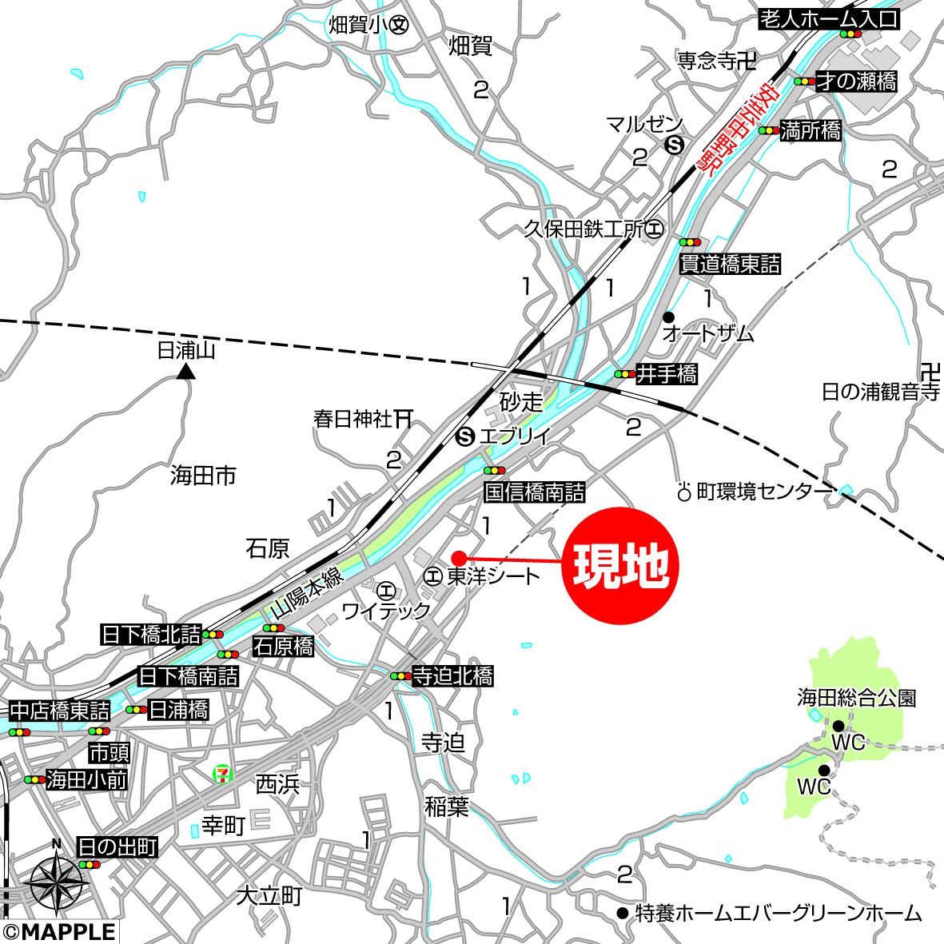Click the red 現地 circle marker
pos(620,566)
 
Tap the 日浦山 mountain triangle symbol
pos(186,371)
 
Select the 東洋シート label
pos(492,576)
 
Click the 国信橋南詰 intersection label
pos(535,492)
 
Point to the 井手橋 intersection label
pos(666,373)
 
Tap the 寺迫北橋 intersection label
pos(452,676)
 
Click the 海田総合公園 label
pos(856,698)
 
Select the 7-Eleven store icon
pos(222,773)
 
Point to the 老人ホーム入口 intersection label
pos(829,19)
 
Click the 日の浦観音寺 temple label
pos(880,392)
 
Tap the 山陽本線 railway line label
pos(305,592)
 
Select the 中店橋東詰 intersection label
pos(60,710)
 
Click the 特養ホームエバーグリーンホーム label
pos(778,913)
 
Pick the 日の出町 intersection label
pos(117,847)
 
